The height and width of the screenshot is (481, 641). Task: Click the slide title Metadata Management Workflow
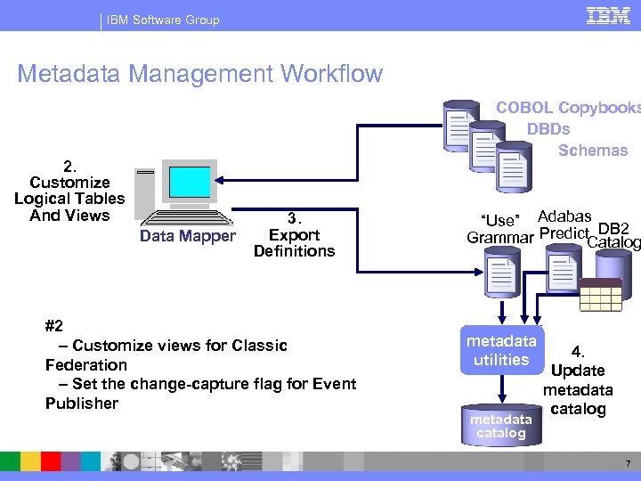tap(199, 73)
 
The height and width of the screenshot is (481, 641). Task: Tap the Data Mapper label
tap(187, 236)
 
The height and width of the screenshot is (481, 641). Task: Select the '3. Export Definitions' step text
tap(294, 235)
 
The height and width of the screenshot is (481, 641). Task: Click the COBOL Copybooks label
tap(567, 108)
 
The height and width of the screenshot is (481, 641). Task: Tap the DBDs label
tap(548, 129)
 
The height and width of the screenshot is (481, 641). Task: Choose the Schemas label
tap(593, 151)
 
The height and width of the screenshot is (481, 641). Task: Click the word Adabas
tap(564, 217)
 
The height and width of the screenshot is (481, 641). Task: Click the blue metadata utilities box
tap(501, 350)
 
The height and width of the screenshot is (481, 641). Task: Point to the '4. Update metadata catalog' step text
tap(578, 380)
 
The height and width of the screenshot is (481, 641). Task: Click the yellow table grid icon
tap(601, 293)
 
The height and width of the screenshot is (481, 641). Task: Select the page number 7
tap(627, 464)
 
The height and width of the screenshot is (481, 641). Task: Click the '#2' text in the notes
tap(55, 326)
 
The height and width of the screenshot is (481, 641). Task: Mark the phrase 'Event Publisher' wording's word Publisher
tap(82, 404)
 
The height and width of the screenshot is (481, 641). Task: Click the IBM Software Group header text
tap(162, 19)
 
